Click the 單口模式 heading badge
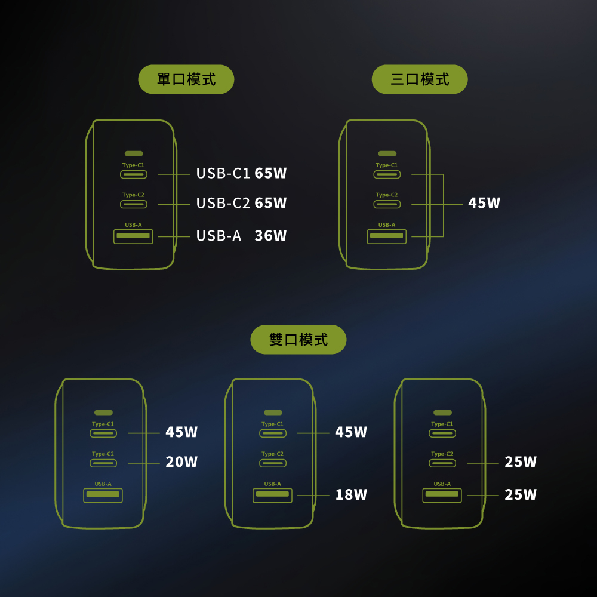pyautogui.click(x=186, y=79)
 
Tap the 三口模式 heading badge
pyautogui.click(x=420, y=79)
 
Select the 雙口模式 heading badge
pyautogui.click(x=298, y=340)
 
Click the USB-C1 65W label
pyautogui.click(x=241, y=173)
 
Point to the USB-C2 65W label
pyautogui.click(x=241, y=203)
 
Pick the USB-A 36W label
pyautogui.click(x=241, y=236)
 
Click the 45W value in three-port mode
pyautogui.click(x=484, y=203)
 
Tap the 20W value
pyautogui.click(x=181, y=462)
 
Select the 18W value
pyautogui.click(x=351, y=494)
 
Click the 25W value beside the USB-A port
pyautogui.click(x=521, y=494)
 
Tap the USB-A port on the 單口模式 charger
pyautogui.click(x=133, y=236)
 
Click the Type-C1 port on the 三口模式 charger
pyautogui.click(x=387, y=174)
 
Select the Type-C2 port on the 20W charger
pyautogui.click(x=103, y=463)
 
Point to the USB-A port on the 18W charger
pyautogui.click(x=272, y=495)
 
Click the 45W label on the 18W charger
pyautogui.click(x=351, y=432)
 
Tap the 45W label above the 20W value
pyautogui.click(x=181, y=432)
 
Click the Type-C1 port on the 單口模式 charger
pyautogui.click(x=134, y=174)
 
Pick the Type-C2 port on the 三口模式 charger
pyautogui.click(x=387, y=204)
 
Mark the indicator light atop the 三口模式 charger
pyautogui.click(x=387, y=153)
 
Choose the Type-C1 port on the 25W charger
pyautogui.click(x=442, y=433)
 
